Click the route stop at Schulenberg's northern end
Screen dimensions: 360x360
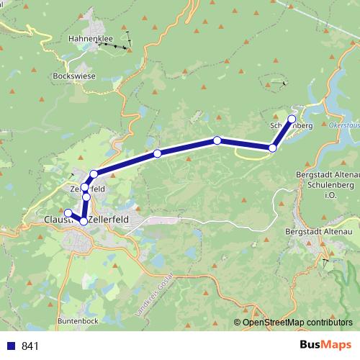pyautogui.click(x=292, y=119)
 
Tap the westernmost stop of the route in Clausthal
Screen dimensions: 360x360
pyautogui.click(x=68, y=212)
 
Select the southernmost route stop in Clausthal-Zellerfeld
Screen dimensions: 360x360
pyautogui.click(x=84, y=221)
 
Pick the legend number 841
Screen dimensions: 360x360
pyautogui.click(x=30, y=346)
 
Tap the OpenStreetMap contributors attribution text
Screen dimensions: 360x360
pyautogui.click(x=297, y=323)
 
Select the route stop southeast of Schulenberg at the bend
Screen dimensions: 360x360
pyautogui.click(x=272, y=148)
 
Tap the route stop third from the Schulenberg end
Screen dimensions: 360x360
pyautogui.click(x=217, y=140)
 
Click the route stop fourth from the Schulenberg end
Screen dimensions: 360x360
pyautogui.click(x=157, y=153)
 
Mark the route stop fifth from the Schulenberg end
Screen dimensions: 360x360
pyautogui.click(x=94, y=174)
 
